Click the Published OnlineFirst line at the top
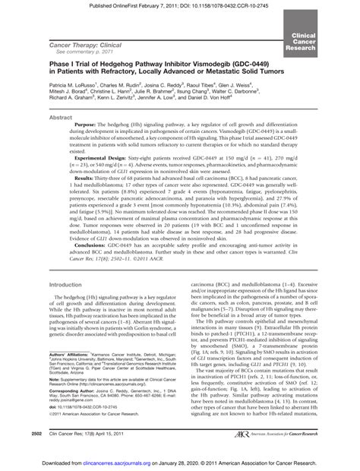tap(179, 6)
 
